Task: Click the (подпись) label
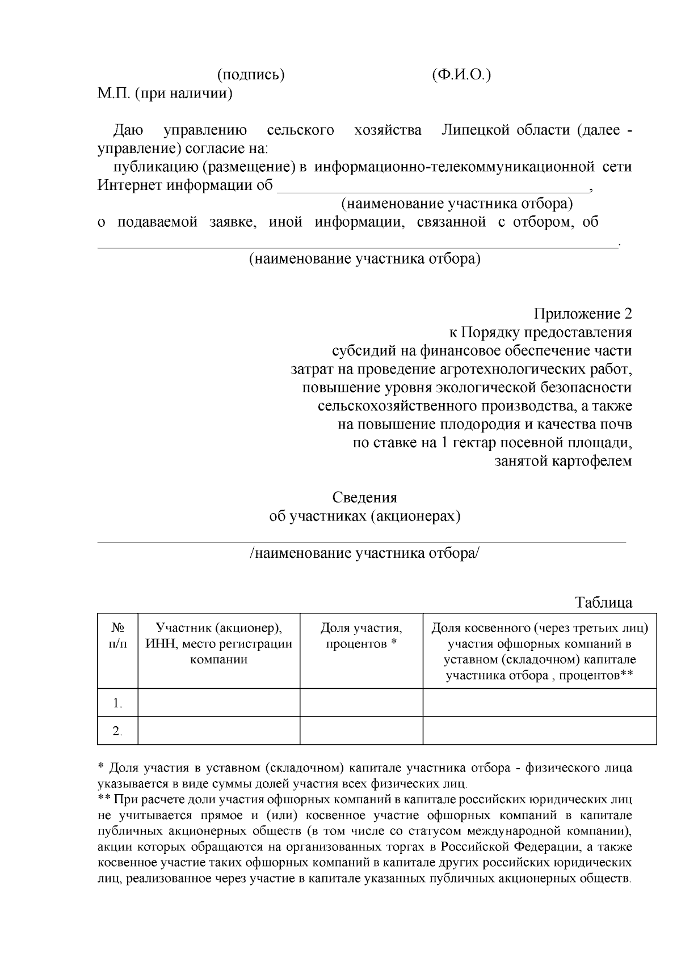tap(251, 75)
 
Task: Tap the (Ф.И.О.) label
tap(461, 75)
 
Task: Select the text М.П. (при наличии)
tap(165, 93)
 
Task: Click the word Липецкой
tap(476, 130)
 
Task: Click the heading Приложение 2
tap(582, 314)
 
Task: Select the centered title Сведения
tap(364, 498)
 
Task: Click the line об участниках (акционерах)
tap(364, 516)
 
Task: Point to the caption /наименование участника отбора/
tap(364, 553)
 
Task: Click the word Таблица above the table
tap(604, 603)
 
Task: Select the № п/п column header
tap(117, 636)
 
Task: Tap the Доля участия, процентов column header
tap(361, 636)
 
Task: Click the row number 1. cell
tap(117, 703)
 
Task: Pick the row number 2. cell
tap(117, 731)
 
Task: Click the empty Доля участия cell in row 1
tap(361, 703)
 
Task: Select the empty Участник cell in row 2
tap(219, 731)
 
